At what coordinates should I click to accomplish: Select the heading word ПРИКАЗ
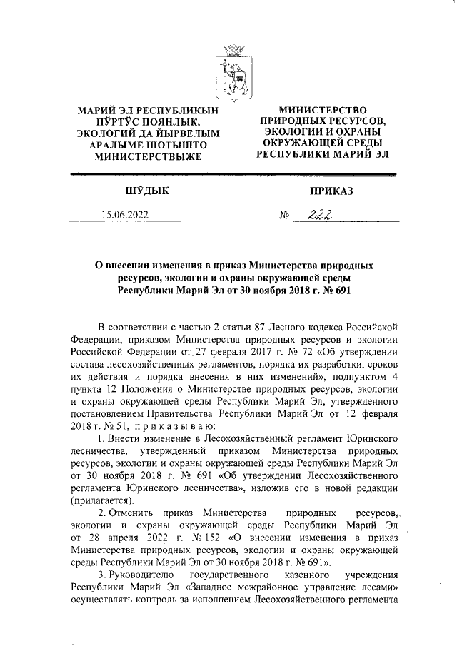tap(331, 190)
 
